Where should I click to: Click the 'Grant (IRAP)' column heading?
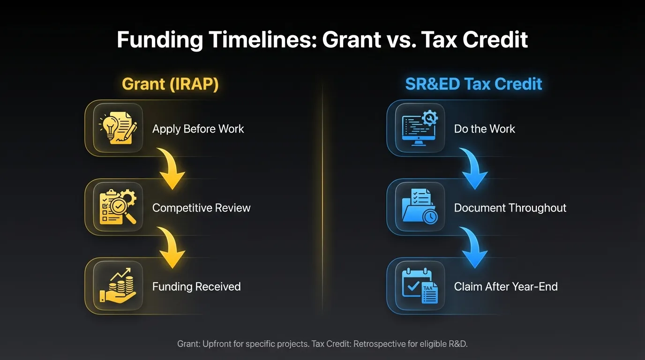tap(170, 84)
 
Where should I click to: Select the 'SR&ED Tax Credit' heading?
tap(473, 84)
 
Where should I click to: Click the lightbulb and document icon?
tap(118, 128)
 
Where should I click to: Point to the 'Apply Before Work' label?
tap(198, 129)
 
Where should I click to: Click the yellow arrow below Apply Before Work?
tap(171, 169)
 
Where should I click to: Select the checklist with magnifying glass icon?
tap(118, 207)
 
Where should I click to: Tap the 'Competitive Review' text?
tap(201, 208)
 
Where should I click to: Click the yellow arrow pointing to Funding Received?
tap(171, 248)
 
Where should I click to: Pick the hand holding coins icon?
tap(118, 286)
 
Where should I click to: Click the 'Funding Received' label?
tap(196, 286)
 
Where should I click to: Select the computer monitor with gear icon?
tap(420, 128)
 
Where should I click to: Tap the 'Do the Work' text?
tap(484, 129)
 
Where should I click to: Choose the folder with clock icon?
tap(420, 207)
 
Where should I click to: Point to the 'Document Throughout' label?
tap(510, 208)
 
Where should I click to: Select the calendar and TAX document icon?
tap(420, 286)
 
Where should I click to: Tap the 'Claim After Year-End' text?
tap(506, 286)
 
